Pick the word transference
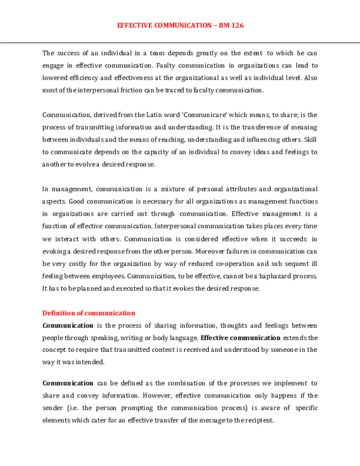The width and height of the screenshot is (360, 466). pos(242,127)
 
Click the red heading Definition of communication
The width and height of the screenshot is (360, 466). pos(89,313)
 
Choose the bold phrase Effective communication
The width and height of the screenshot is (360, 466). pos(240,337)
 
